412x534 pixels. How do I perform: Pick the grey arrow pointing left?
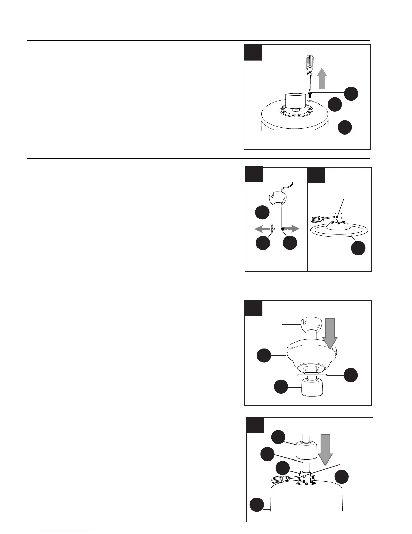[x=262, y=229]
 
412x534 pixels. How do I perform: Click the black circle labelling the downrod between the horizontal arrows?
[x=262, y=213]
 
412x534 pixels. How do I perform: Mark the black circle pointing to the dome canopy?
[x=264, y=355]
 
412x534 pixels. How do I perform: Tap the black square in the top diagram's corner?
[x=253, y=53]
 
